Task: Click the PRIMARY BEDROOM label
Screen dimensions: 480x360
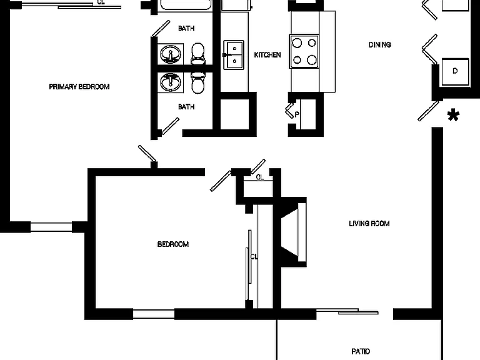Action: [79, 87]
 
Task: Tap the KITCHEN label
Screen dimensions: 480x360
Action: [267, 55]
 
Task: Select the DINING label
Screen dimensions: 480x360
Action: [379, 45]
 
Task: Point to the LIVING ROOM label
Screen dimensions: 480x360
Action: [369, 224]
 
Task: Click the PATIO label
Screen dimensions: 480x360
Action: [361, 351]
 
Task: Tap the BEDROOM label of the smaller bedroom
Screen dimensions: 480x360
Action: [173, 244]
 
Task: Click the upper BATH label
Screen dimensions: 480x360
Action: [186, 28]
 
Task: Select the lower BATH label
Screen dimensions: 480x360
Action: [186, 106]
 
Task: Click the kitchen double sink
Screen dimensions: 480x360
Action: [234, 55]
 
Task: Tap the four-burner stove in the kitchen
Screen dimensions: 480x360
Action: [304, 51]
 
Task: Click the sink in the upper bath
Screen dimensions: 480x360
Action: [171, 54]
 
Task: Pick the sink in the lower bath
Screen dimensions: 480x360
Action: [171, 82]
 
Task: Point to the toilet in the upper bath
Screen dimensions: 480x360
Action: [197, 54]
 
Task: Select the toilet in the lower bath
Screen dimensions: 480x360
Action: [197, 82]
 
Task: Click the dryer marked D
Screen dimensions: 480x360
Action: [455, 72]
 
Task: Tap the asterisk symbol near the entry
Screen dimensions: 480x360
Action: [453, 115]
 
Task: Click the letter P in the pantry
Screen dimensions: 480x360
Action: [297, 114]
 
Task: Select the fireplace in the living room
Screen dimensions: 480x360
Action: [294, 232]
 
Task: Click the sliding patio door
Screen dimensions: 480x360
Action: [347, 312]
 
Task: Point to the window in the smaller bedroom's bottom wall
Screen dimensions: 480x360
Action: [154, 314]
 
